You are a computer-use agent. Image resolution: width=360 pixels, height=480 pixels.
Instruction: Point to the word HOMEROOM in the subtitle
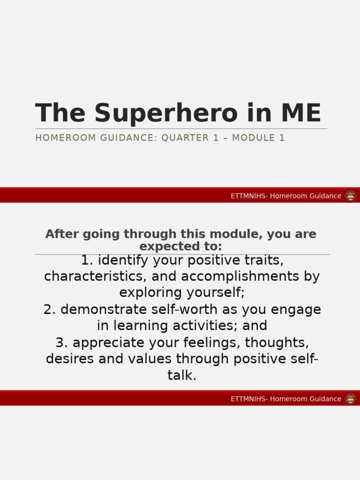(x=59, y=138)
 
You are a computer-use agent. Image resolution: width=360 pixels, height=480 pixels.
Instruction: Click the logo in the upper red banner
(x=350, y=195)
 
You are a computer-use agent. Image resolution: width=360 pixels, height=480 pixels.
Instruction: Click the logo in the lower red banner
(x=350, y=398)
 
